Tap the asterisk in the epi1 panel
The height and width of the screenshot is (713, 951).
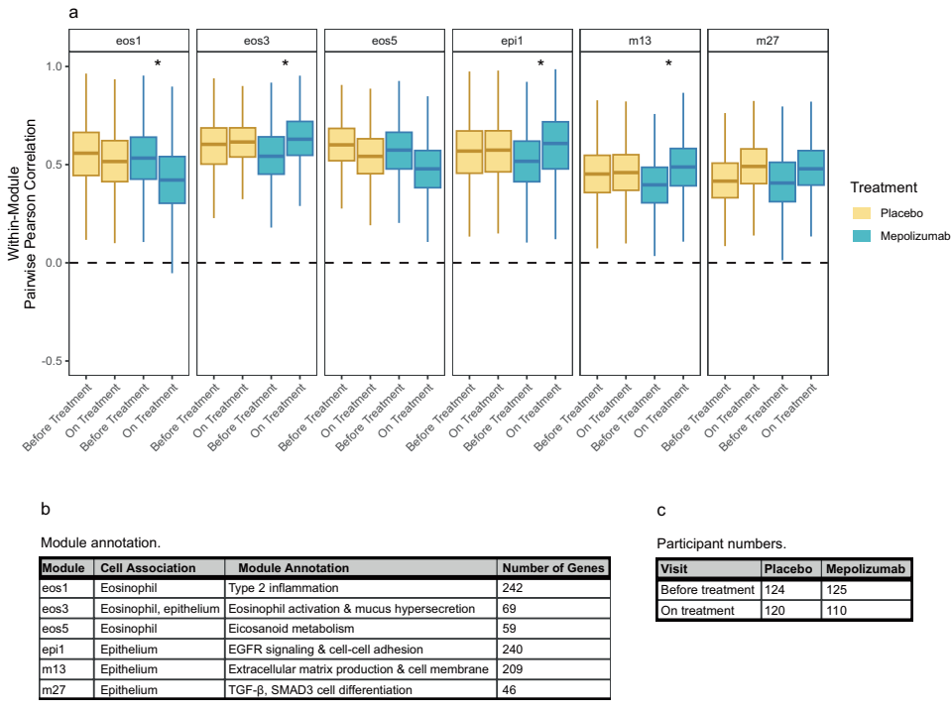[540, 64]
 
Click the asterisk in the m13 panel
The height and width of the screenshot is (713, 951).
[668, 64]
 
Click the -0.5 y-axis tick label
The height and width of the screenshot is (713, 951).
[49, 361]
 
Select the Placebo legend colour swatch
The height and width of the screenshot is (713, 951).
[865, 212]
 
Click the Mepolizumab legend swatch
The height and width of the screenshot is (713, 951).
[865, 235]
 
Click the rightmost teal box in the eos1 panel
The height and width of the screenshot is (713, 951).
[173, 179]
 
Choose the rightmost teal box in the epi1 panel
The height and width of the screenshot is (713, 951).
[556, 146]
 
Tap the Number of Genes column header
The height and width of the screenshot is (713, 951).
[551, 568]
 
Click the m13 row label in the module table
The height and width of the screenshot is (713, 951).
[55, 669]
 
